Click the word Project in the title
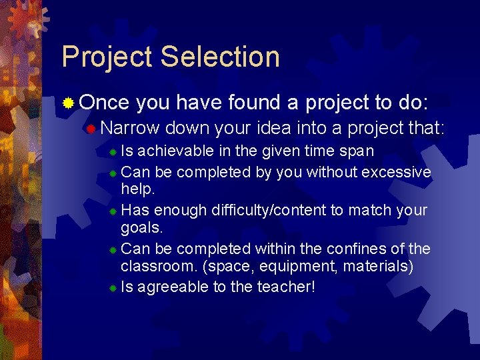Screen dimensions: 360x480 (x=106, y=57)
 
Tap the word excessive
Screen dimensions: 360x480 (x=396, y=172)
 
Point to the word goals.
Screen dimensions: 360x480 (x=141, y=227)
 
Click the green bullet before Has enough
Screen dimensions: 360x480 (x=113, y=211)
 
